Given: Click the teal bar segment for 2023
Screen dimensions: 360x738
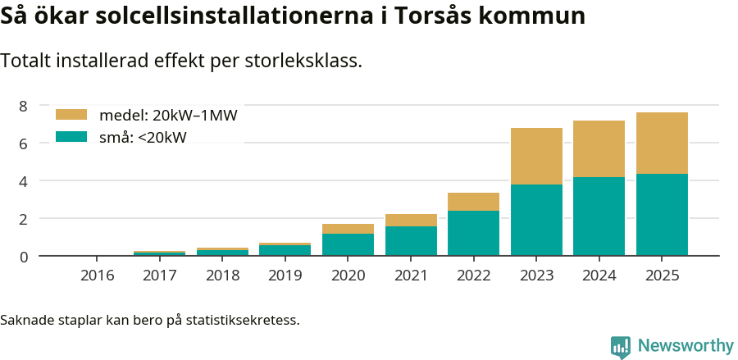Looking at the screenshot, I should [536, 220].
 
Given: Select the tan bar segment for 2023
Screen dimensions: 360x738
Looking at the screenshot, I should [536, 156].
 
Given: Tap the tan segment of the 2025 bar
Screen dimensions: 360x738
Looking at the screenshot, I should [662, 143].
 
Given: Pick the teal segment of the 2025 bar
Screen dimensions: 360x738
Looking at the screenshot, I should [662, 215].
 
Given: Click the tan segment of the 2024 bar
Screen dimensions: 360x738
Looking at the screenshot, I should [599, 148].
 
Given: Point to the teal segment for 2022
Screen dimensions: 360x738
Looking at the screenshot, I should [473, 233].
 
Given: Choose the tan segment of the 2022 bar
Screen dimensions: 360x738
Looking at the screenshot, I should [473, 202].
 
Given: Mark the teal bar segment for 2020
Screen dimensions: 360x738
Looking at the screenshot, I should [348, 244].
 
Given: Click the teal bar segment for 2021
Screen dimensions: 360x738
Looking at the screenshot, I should [411, 241].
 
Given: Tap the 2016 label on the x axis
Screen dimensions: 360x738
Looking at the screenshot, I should [97, 275].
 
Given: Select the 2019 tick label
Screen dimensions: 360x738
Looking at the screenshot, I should [285, 275].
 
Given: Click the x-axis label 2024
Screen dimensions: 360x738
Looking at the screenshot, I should [599, 275].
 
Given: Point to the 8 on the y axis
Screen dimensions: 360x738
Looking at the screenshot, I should [23, 106].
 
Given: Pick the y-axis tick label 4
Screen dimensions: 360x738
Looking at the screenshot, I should [23, 181].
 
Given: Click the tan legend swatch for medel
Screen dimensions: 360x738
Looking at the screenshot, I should [71, 115].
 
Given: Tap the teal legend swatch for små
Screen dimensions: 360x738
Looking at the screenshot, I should [71, 137].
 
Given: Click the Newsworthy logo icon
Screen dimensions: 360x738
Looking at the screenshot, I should [621, 346].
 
